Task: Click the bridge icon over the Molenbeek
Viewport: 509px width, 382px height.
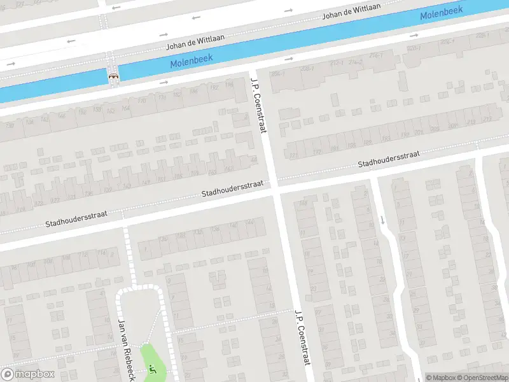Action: click(x=114, y=75)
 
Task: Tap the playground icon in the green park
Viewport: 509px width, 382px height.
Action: click(x=151, y=369)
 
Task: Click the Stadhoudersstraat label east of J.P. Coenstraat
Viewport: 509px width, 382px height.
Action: click(x=389, y=159)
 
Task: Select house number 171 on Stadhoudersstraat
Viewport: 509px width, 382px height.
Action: click(x=293, y=155)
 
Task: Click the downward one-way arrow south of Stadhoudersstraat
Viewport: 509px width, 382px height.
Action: click(x=382, y=220)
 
